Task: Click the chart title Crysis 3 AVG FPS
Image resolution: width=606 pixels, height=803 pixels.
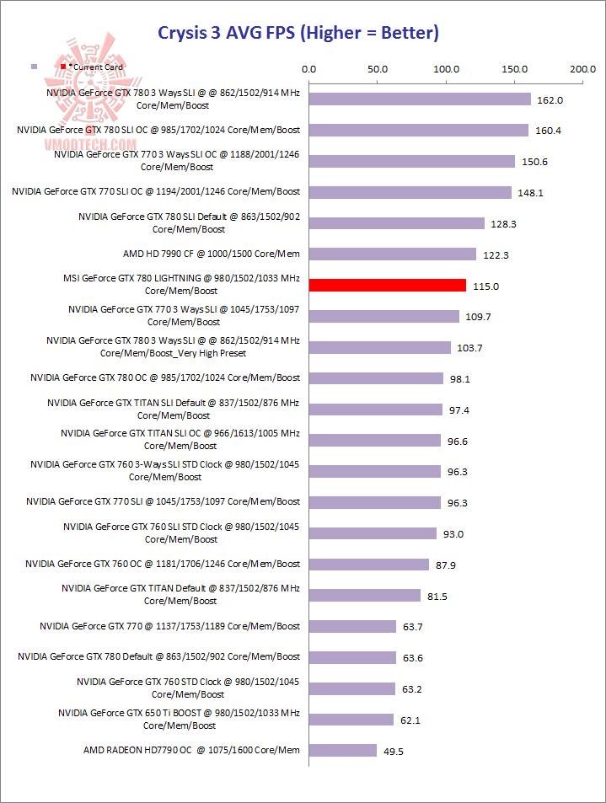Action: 298,33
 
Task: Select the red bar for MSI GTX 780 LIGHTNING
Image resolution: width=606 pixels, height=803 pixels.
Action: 388,285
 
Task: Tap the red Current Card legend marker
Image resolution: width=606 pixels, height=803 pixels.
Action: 63,66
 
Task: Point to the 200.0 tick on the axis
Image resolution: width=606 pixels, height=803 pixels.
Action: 582,69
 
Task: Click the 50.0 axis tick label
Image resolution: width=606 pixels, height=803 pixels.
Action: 378,69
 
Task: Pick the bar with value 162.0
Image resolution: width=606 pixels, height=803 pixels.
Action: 420,99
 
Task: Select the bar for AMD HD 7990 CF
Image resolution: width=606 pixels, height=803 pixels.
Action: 393,254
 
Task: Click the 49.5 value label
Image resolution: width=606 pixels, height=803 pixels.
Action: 393,751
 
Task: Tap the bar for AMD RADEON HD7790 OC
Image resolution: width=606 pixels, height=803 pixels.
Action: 343,750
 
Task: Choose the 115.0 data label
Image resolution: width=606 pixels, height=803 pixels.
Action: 485,286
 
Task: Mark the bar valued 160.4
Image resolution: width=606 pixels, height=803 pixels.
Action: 419,130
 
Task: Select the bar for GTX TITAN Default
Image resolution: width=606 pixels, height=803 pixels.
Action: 365,595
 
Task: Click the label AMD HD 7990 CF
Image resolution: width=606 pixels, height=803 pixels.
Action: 211,254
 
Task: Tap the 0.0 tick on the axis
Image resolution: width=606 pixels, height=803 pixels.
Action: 309,69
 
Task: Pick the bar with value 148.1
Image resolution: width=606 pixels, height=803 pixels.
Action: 410,192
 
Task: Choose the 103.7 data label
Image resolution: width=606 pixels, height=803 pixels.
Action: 470,348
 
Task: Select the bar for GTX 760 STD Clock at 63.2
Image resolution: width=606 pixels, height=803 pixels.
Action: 352,688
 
